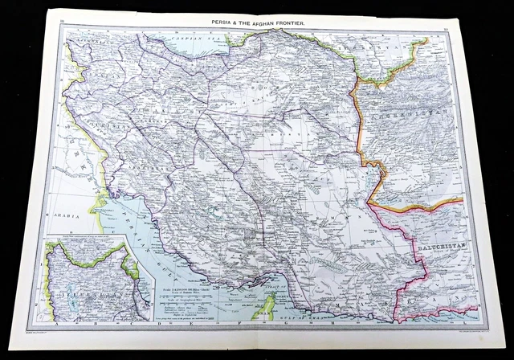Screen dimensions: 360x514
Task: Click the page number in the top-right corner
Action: pos(445,15)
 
